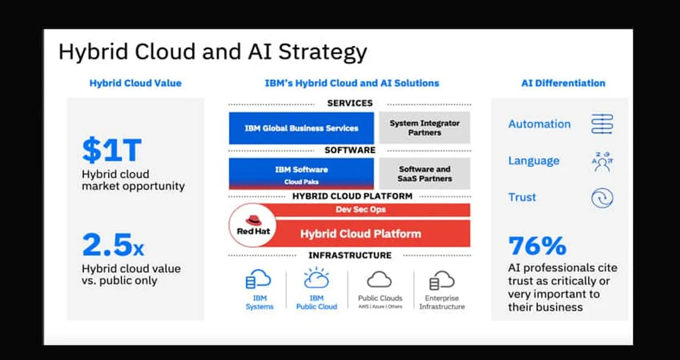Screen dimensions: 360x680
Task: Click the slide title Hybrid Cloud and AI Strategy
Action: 212,52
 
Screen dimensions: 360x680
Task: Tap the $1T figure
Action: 112,150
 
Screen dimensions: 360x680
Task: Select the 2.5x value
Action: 113,245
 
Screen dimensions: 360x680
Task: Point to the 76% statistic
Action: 537,245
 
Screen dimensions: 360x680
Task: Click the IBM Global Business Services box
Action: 301,128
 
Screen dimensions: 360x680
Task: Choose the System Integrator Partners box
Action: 424,128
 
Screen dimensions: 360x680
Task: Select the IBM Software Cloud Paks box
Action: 301,173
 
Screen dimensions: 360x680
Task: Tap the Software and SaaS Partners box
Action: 424,173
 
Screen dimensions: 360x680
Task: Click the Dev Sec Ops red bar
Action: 368,210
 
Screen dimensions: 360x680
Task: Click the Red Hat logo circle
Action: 253,226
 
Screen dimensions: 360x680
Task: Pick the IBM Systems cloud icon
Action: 258,280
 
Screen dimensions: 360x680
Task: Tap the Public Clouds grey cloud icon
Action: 380,279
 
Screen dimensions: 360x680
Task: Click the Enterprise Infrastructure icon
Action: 442,280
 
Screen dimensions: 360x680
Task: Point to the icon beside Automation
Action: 602,124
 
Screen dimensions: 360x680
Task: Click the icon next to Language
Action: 602,161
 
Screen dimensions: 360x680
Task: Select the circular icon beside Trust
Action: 602,198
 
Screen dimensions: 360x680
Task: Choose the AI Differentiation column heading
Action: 563,83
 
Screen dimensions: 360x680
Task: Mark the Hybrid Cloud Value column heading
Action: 135,83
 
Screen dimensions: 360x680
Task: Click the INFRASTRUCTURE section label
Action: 350,255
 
